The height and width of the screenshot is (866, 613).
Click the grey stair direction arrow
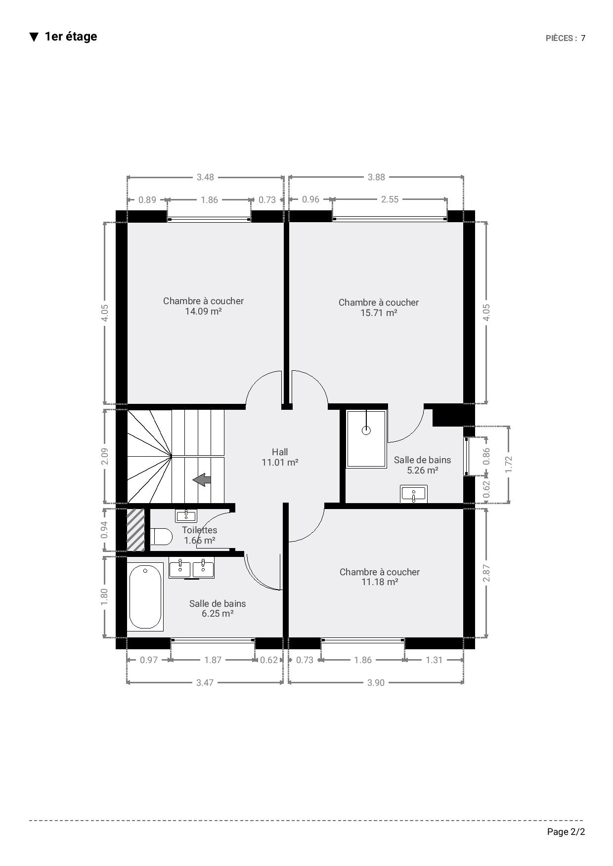[x=202, y=479]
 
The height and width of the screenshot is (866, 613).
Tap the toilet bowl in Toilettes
[x=161, y=536]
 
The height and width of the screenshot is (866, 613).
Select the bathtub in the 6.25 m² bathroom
[x=145, y=597]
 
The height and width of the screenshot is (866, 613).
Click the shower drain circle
[x=366, y=430]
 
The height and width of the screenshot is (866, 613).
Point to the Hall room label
[x=280, y=452]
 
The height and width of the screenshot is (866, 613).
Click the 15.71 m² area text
[x=379, y=313]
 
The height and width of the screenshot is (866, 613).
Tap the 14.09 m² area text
[x=203, y=312]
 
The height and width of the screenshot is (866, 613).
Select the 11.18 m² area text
[x=380, y=582]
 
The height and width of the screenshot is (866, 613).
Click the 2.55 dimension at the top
[x=390, y=199]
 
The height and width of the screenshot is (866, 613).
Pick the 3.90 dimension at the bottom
[x=376, y=683]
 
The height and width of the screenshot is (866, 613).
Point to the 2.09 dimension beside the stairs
[x=105, y=456]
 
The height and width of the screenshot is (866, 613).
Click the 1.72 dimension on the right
[x=509, y=465]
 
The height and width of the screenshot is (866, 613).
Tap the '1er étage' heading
[x=71, y=37]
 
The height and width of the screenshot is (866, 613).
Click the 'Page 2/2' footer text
[x=566, y=832]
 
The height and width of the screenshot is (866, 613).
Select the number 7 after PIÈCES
[x=583, y=39]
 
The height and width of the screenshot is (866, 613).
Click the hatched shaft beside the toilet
[x=136, y=530]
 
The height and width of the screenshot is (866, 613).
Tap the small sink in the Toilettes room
[x=186, y=516]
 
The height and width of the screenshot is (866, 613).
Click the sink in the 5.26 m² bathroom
[x=414, y=494]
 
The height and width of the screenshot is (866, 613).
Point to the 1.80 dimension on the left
[x=105, y=597]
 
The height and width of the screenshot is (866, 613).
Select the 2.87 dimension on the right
[x=487, y=573]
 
